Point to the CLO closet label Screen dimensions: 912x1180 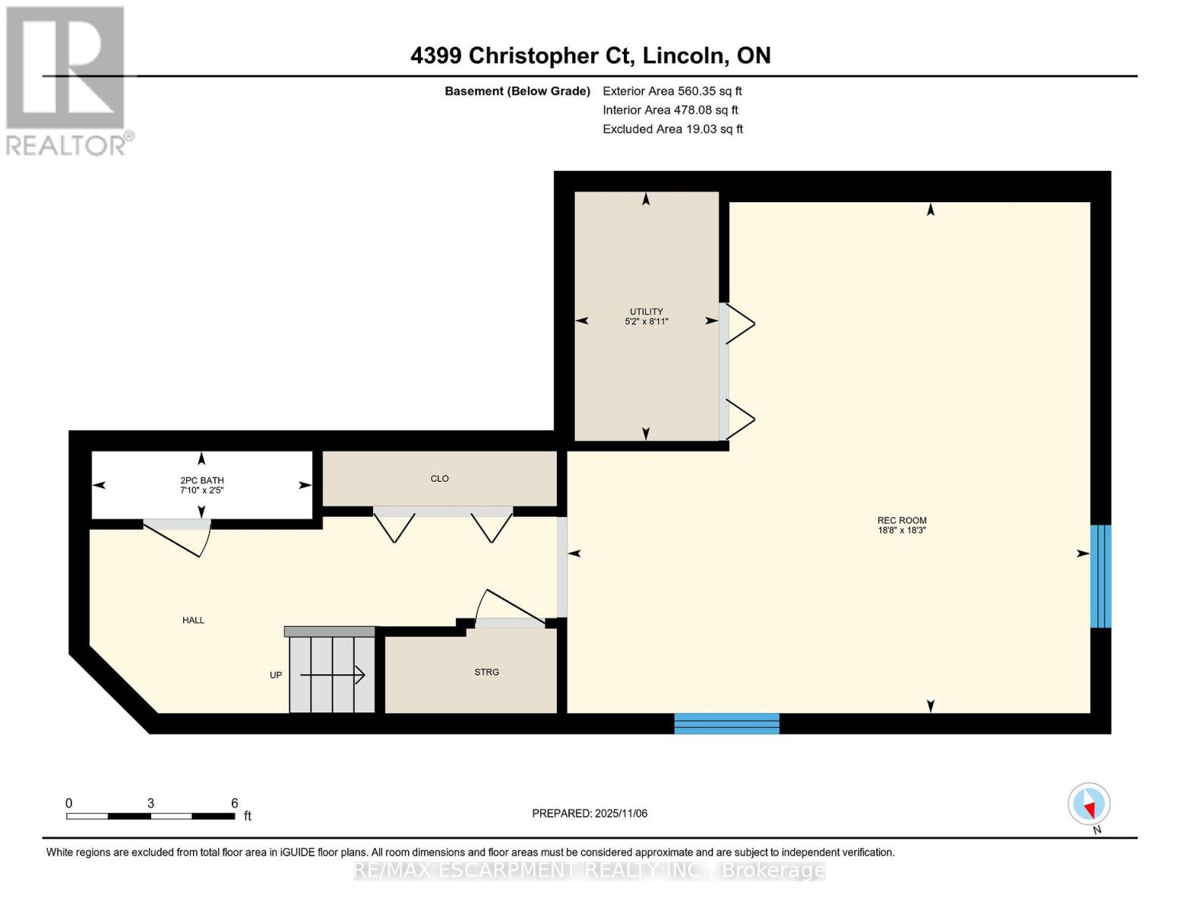(x=440, y=479)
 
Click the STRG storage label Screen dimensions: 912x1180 (x=487, y=673)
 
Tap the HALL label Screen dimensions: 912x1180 (x=193, y=620)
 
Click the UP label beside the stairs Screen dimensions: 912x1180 (x=276, y=675)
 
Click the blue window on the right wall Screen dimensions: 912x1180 (x=1100, y=576)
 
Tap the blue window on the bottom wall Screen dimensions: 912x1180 (x=726, y=724)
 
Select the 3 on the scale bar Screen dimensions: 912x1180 (x=151, y=803)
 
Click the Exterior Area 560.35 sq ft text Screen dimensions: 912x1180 (x=672, y=91)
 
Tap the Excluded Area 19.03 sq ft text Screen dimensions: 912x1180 (x=672, y=129)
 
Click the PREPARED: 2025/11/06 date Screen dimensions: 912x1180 (x=590, y=814)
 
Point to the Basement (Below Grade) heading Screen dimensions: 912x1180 (x=517, y=91)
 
